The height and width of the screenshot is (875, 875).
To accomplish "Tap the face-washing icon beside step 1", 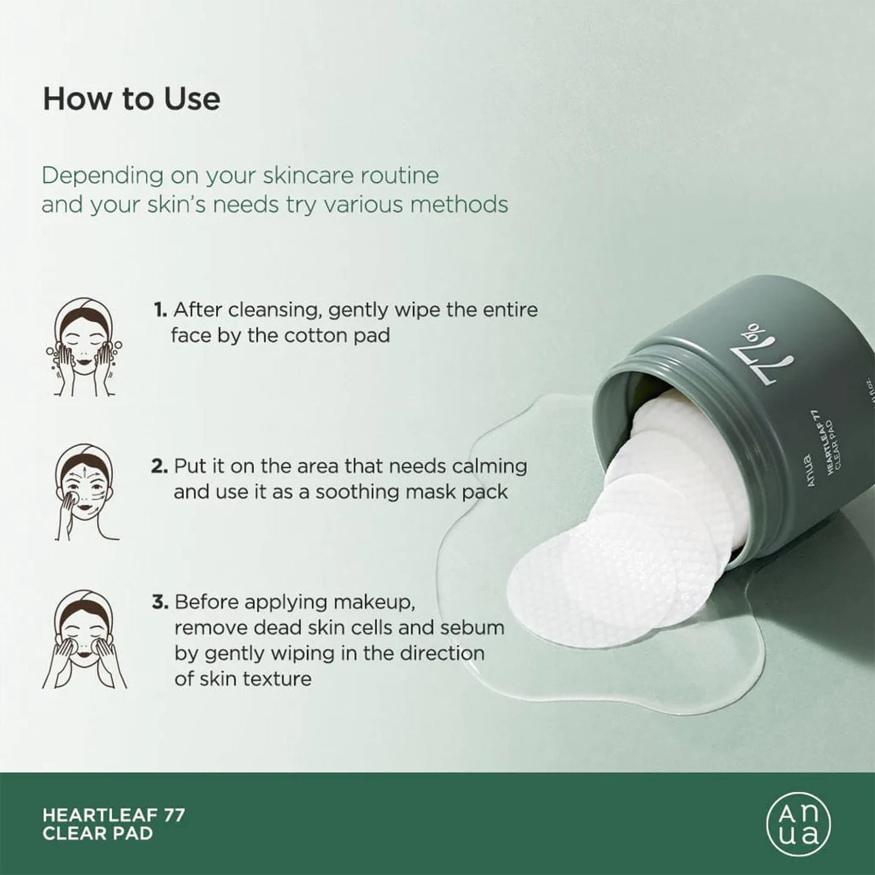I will [x=84, y=347].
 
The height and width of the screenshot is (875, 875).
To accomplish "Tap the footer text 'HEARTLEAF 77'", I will [x=114, y=815].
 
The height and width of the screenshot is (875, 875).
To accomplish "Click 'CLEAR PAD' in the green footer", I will [x=97, y=833].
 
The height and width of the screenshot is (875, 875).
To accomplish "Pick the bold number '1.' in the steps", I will [x=160, y=310].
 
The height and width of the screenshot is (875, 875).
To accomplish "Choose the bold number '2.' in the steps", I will [x=159, y=466].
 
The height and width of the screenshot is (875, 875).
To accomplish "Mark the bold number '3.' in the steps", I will [x=160, y=602].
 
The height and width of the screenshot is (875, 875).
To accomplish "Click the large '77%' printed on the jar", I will [x=763, y=359].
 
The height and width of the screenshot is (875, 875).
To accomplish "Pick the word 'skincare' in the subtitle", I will [x=301, y=175].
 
